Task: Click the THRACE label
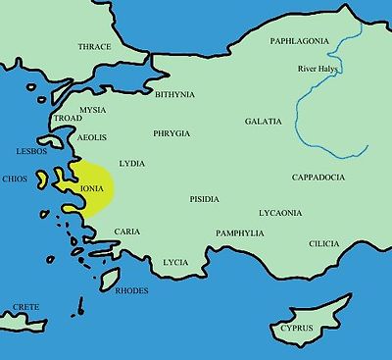pyautogui.click(x=94, y=47)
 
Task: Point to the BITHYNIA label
pyautogui.click(x=175, y=94)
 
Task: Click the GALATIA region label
pyautogui.click(x=263, y=122)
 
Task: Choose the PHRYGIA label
pyautogui.click(x=170, y=131)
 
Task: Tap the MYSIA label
pyautogui.click(x=94, y=110)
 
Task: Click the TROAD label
pyautogui.click(x=67, y=118)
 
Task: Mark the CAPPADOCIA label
pyautogui.click(x=318, y=178)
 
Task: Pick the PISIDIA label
pyautogui.click(x=204, y=199)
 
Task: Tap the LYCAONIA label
pyautogui.click(x=280, y=212)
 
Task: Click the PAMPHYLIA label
pyautogui.click(x=240, y=233)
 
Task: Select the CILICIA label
pyautogui.click(x=323, y=243)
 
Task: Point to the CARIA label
pyautogui.click(x=127, y=231)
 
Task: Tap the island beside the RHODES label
pyautogui.click(x=110, y=278)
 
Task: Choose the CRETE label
pyautogui.click(x=26, y=307)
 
